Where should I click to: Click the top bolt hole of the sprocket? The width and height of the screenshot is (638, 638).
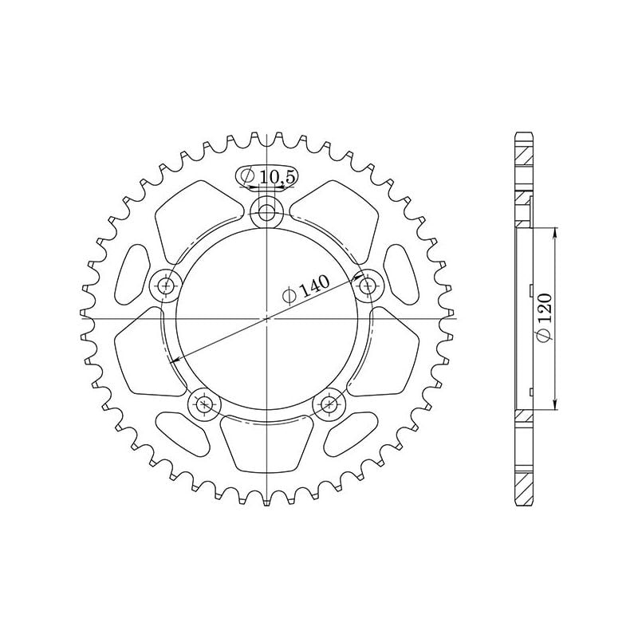[266, 212]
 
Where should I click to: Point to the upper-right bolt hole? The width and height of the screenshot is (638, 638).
[366, 284]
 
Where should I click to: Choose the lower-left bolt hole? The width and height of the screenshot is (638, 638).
[205, 404]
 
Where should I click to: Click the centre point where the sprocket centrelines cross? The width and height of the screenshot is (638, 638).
[266, 318]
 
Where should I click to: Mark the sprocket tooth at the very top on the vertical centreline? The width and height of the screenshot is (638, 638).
[266, 139]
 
